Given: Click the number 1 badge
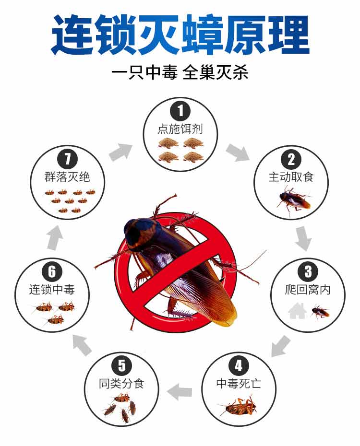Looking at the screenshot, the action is click(x=180, y=111).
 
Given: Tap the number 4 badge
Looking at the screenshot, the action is click(x=239, y=365).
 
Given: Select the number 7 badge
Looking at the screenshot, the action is click(x=67, y=159).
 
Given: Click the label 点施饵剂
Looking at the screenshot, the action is click(x=180, y=129).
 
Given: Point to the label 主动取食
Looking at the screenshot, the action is click(x=291, y=177).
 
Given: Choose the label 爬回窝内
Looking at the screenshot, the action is click(x=308, y=290).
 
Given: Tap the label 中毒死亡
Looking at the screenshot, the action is click(x=239, y=384).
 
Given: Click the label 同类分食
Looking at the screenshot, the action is click(x=121, y=384).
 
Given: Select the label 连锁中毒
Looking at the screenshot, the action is click(x=52, y=290).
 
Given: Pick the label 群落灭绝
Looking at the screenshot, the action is click(x=67, y=177).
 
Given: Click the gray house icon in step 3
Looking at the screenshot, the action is click(x=298, y=311).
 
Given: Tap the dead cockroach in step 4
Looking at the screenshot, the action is click(x=238, y=406).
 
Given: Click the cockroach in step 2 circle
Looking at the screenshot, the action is click(x=293, y=200).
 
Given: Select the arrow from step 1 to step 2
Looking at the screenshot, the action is click(x=238, y=152).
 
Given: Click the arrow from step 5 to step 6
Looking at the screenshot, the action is click(x=82, y=345).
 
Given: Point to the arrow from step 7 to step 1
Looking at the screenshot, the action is click(x=121, y=152).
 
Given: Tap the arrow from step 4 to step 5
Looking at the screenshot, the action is click(x=180, y=392).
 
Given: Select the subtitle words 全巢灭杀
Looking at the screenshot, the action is click(x=216, y=73).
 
